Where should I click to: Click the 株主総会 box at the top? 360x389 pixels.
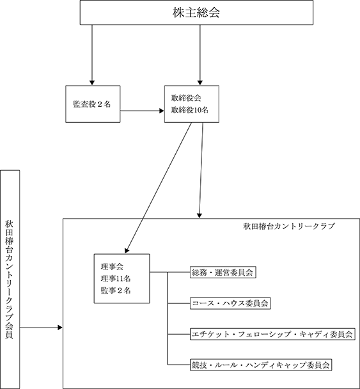[196, 12]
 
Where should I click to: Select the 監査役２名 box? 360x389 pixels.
[93, 104]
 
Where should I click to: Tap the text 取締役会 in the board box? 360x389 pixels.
[186, 99]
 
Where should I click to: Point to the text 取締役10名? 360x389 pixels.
[190, 110]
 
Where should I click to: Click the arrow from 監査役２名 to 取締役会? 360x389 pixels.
[142, 111]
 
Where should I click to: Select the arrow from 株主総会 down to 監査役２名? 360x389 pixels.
[92, 55]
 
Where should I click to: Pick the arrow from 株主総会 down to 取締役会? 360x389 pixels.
[200, 55]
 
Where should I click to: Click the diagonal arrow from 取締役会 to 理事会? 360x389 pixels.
[158, 188]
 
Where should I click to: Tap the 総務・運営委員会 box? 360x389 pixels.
[223, 273]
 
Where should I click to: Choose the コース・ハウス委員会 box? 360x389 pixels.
[230, 303]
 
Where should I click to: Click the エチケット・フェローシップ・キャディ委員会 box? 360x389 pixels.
[272, 334]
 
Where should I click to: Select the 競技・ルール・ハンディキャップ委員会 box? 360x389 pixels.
[261, 365]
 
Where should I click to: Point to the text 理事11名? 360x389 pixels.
[116, 278]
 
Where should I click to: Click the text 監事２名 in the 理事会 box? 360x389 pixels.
[116, 290]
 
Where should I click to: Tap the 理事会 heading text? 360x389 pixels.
[112, 267]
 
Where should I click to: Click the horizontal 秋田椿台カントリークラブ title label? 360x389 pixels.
[289, 226]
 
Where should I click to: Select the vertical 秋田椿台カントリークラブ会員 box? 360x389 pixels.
[10, 280]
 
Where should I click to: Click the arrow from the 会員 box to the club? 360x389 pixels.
[41, 328]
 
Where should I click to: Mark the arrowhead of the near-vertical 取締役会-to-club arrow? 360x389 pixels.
[200, 216]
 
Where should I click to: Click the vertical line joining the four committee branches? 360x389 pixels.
[168, 319]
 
